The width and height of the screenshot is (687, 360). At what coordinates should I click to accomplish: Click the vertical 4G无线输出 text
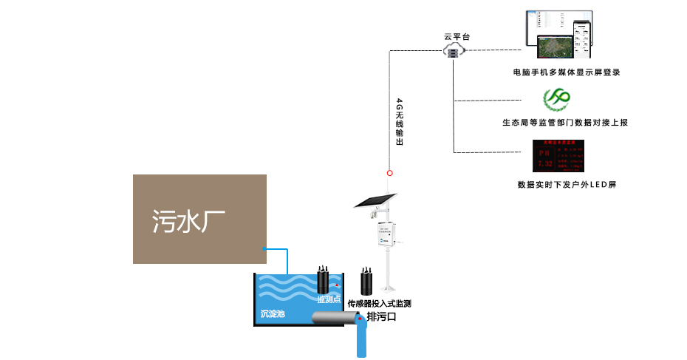[x=400, y=122]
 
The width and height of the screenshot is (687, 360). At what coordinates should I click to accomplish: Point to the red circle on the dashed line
[x=389, y=173]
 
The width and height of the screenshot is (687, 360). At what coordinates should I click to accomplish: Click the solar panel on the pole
[x=375, y=202]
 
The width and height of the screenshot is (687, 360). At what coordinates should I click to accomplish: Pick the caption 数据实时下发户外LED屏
[x=567, y=184]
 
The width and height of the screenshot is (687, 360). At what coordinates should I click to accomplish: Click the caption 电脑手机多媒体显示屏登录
[x=565, y=72]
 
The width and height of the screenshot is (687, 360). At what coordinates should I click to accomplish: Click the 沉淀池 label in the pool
[x=273, y=313]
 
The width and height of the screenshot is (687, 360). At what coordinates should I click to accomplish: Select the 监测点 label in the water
[x=329, y=299]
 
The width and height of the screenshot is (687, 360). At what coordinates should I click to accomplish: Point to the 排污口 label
[x=382, y=318]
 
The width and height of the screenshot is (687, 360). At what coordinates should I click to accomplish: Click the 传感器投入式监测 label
[x=379, y=304]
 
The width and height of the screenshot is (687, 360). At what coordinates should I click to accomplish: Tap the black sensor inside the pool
[x=323, y=279]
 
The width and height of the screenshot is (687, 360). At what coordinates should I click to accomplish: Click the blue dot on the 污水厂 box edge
[x=264, y=249]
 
